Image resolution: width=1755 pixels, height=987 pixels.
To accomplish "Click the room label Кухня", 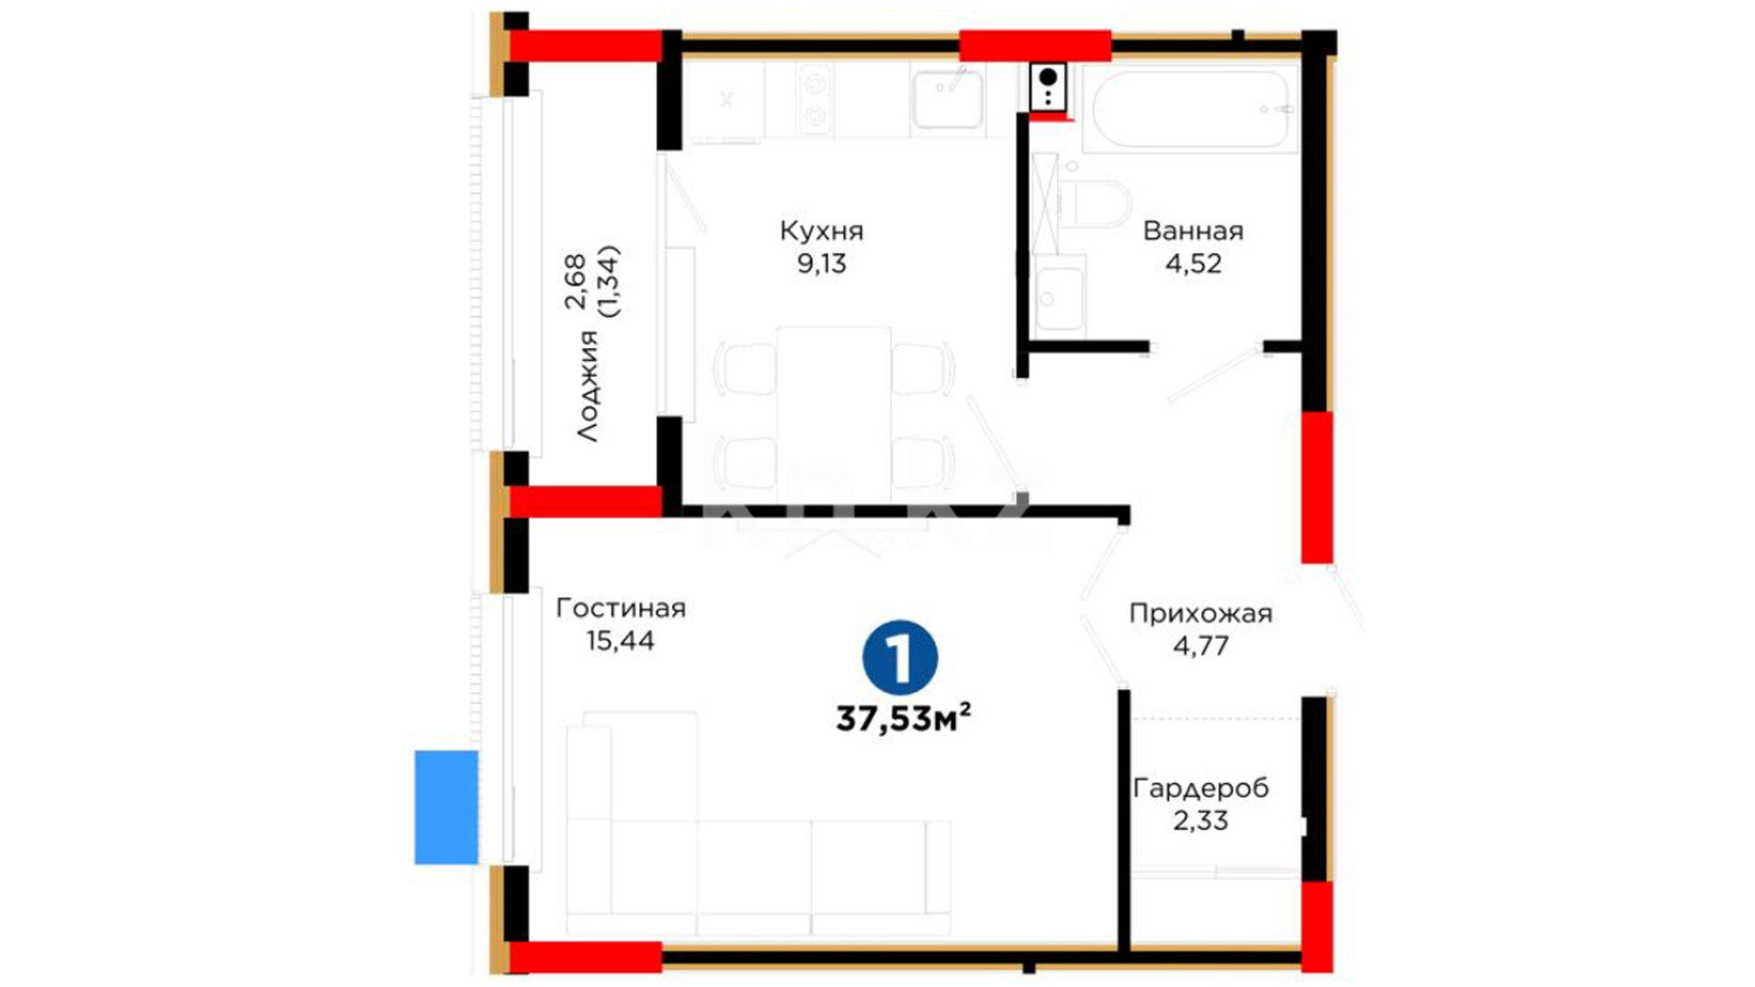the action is click(821, 231).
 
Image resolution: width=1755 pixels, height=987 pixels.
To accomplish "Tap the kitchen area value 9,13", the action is click(822, 264).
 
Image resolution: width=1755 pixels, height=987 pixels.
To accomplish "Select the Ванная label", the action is click(1193, 230).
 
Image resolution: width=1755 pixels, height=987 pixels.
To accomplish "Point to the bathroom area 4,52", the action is click(1193, 264).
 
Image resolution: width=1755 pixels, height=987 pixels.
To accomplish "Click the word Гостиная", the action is click(621, 608).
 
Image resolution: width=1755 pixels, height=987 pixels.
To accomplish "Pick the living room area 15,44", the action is click(621, 641).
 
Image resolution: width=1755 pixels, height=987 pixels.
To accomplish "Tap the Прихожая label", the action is click(1200, 613).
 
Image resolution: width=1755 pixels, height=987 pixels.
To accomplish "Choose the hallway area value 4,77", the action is click(1200, 646).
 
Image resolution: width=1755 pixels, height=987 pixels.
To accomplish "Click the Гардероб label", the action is click(1200, 788).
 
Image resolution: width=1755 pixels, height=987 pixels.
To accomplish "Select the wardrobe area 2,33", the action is click(1200, 821).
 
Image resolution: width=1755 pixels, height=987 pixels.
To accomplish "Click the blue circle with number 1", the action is click(900, 658).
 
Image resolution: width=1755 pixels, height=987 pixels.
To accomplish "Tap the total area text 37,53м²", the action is click(903, 718).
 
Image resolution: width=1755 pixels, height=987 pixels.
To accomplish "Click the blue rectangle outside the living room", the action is click(446, 807).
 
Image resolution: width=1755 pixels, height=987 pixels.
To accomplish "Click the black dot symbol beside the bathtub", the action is click(1048, 77).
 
